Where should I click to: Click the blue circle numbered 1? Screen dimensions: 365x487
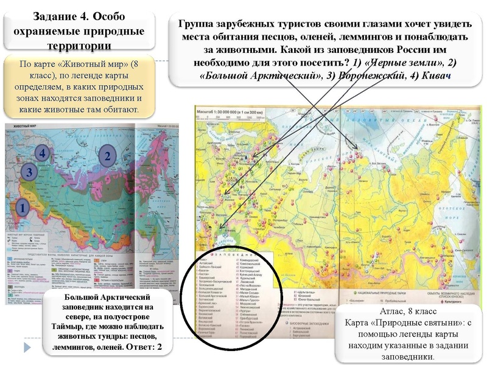point(21,207)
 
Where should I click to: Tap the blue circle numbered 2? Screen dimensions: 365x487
point(107,156)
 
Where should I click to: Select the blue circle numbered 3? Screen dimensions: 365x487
point(29,173)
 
